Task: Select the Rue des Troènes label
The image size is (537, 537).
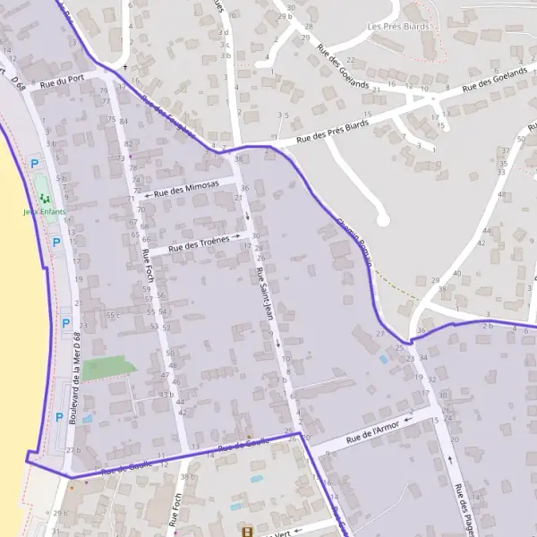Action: click(198, 243)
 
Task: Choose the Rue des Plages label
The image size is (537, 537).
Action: click(464, 510)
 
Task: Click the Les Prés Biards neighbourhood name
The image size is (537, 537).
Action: click(398, 27)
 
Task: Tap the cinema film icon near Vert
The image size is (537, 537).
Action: click(246, 531)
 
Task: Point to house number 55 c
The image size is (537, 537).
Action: click(112, 315)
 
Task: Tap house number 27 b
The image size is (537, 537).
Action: click(73, 450)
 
